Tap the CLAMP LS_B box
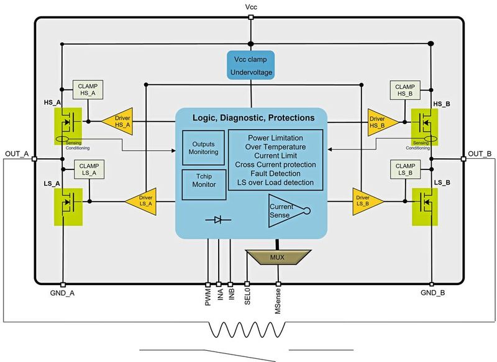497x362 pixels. pos(404,170)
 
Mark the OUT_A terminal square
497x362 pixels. pos(34,160)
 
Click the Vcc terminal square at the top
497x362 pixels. pos(250,18)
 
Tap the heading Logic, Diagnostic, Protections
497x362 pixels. pos(252,117)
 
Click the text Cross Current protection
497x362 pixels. pos(275,165)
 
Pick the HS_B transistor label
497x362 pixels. pos(440,104)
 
